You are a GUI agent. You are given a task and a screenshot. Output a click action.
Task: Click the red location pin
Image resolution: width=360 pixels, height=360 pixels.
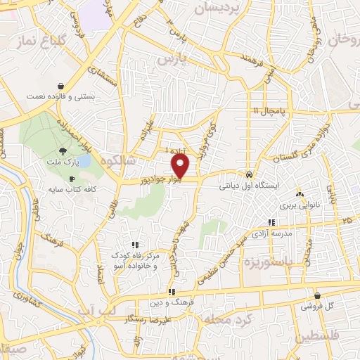[181, 166]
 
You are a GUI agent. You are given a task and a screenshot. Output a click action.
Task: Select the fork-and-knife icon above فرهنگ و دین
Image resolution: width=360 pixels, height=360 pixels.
[171, 292]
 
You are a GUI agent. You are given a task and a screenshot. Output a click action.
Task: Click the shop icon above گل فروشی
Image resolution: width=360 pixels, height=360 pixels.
[318, 296]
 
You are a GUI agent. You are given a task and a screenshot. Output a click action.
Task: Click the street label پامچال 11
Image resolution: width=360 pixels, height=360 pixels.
[267, 111]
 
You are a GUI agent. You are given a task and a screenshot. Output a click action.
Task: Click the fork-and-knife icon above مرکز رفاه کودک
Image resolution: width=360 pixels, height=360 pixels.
[134, 245]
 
